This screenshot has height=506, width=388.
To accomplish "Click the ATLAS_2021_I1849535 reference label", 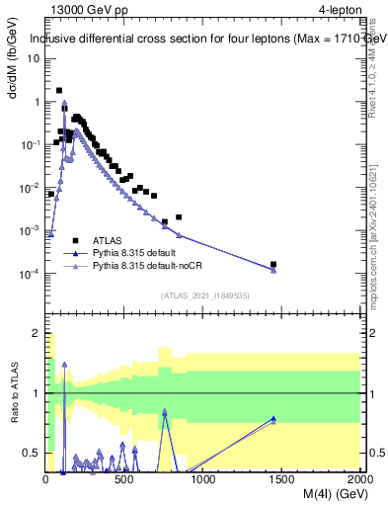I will (204, 294).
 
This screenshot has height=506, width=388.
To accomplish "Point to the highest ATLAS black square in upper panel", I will (59, 90).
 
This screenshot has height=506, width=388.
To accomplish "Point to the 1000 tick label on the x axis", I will (203, 478).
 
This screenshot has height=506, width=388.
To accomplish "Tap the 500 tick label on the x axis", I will (124, 478).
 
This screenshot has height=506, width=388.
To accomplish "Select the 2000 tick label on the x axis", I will (359, 478).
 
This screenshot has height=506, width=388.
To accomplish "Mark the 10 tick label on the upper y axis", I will (33, 57).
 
